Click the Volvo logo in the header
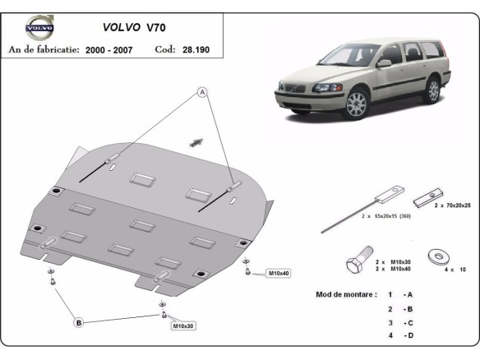point(38,30)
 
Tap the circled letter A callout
point(200,93)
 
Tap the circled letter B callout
point(79,323)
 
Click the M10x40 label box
point(279,272)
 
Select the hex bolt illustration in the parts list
point(354,265)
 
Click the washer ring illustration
point(437,257)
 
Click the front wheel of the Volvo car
point(356,105)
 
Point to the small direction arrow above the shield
point(196,141)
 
